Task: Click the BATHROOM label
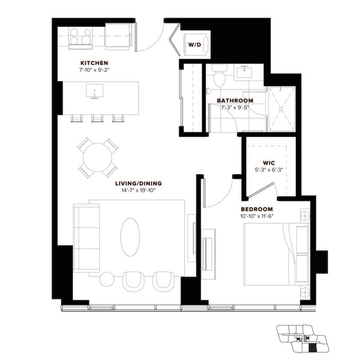point(235,101)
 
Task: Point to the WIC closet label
point(269,163)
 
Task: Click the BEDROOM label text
point(256,209)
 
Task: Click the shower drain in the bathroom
point(281,109)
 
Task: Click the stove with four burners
point(80,36)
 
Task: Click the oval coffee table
point(130,237)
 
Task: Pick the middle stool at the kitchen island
point(97,118)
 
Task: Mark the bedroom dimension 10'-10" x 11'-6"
point(256,216)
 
